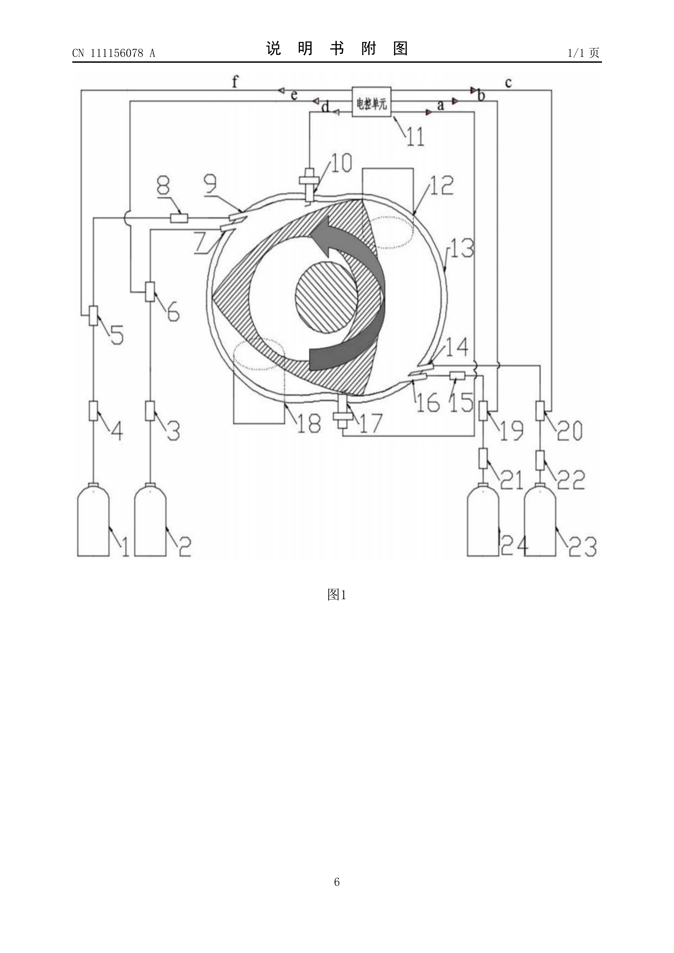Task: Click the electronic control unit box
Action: point(371,102)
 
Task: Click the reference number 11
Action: point(415,137)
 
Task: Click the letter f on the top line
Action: point(235,81)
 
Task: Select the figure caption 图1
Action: point(337,595)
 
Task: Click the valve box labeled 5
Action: point(93,316)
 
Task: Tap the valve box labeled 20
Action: point(540,410)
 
